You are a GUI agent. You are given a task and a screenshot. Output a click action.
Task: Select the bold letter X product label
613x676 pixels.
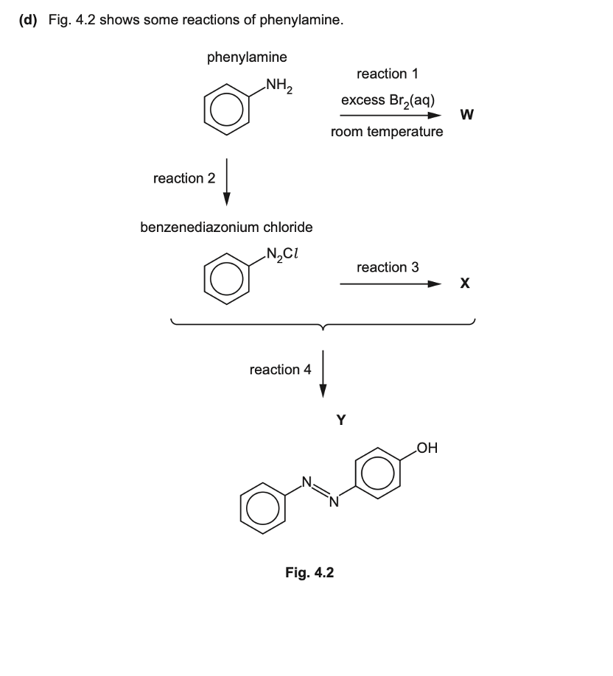466,284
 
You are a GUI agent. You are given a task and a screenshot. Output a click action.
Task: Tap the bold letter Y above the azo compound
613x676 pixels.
340,420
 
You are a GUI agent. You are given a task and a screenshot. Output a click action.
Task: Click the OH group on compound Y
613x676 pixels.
427,447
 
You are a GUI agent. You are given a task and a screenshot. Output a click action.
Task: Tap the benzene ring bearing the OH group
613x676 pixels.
378,473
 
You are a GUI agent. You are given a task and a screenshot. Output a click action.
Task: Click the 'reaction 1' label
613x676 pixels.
388,74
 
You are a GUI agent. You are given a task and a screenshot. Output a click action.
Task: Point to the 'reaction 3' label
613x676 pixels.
388,267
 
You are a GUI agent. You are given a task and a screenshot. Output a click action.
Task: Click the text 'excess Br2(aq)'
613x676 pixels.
391,100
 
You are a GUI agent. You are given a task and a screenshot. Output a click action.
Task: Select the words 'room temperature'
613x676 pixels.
388,133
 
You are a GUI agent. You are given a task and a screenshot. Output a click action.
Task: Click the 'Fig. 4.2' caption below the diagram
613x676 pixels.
309,571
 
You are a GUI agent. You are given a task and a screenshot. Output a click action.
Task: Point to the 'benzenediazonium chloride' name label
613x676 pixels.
226,227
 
